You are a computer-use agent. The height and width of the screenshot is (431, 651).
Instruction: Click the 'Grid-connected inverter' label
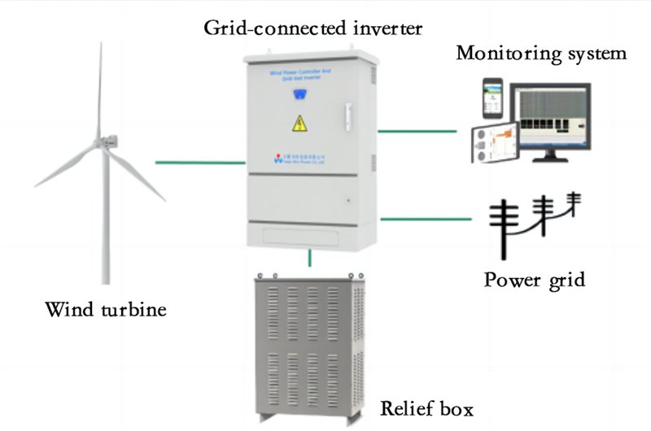point(313,29)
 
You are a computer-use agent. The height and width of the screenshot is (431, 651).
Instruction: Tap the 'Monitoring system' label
point(541,54)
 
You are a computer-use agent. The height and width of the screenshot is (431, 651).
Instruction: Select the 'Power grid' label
point(535,281)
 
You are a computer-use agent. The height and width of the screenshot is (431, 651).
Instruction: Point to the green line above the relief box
point(309,259)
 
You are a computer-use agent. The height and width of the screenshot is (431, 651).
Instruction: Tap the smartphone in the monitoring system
point(492,98)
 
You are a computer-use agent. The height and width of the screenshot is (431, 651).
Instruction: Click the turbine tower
point(104,220)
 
